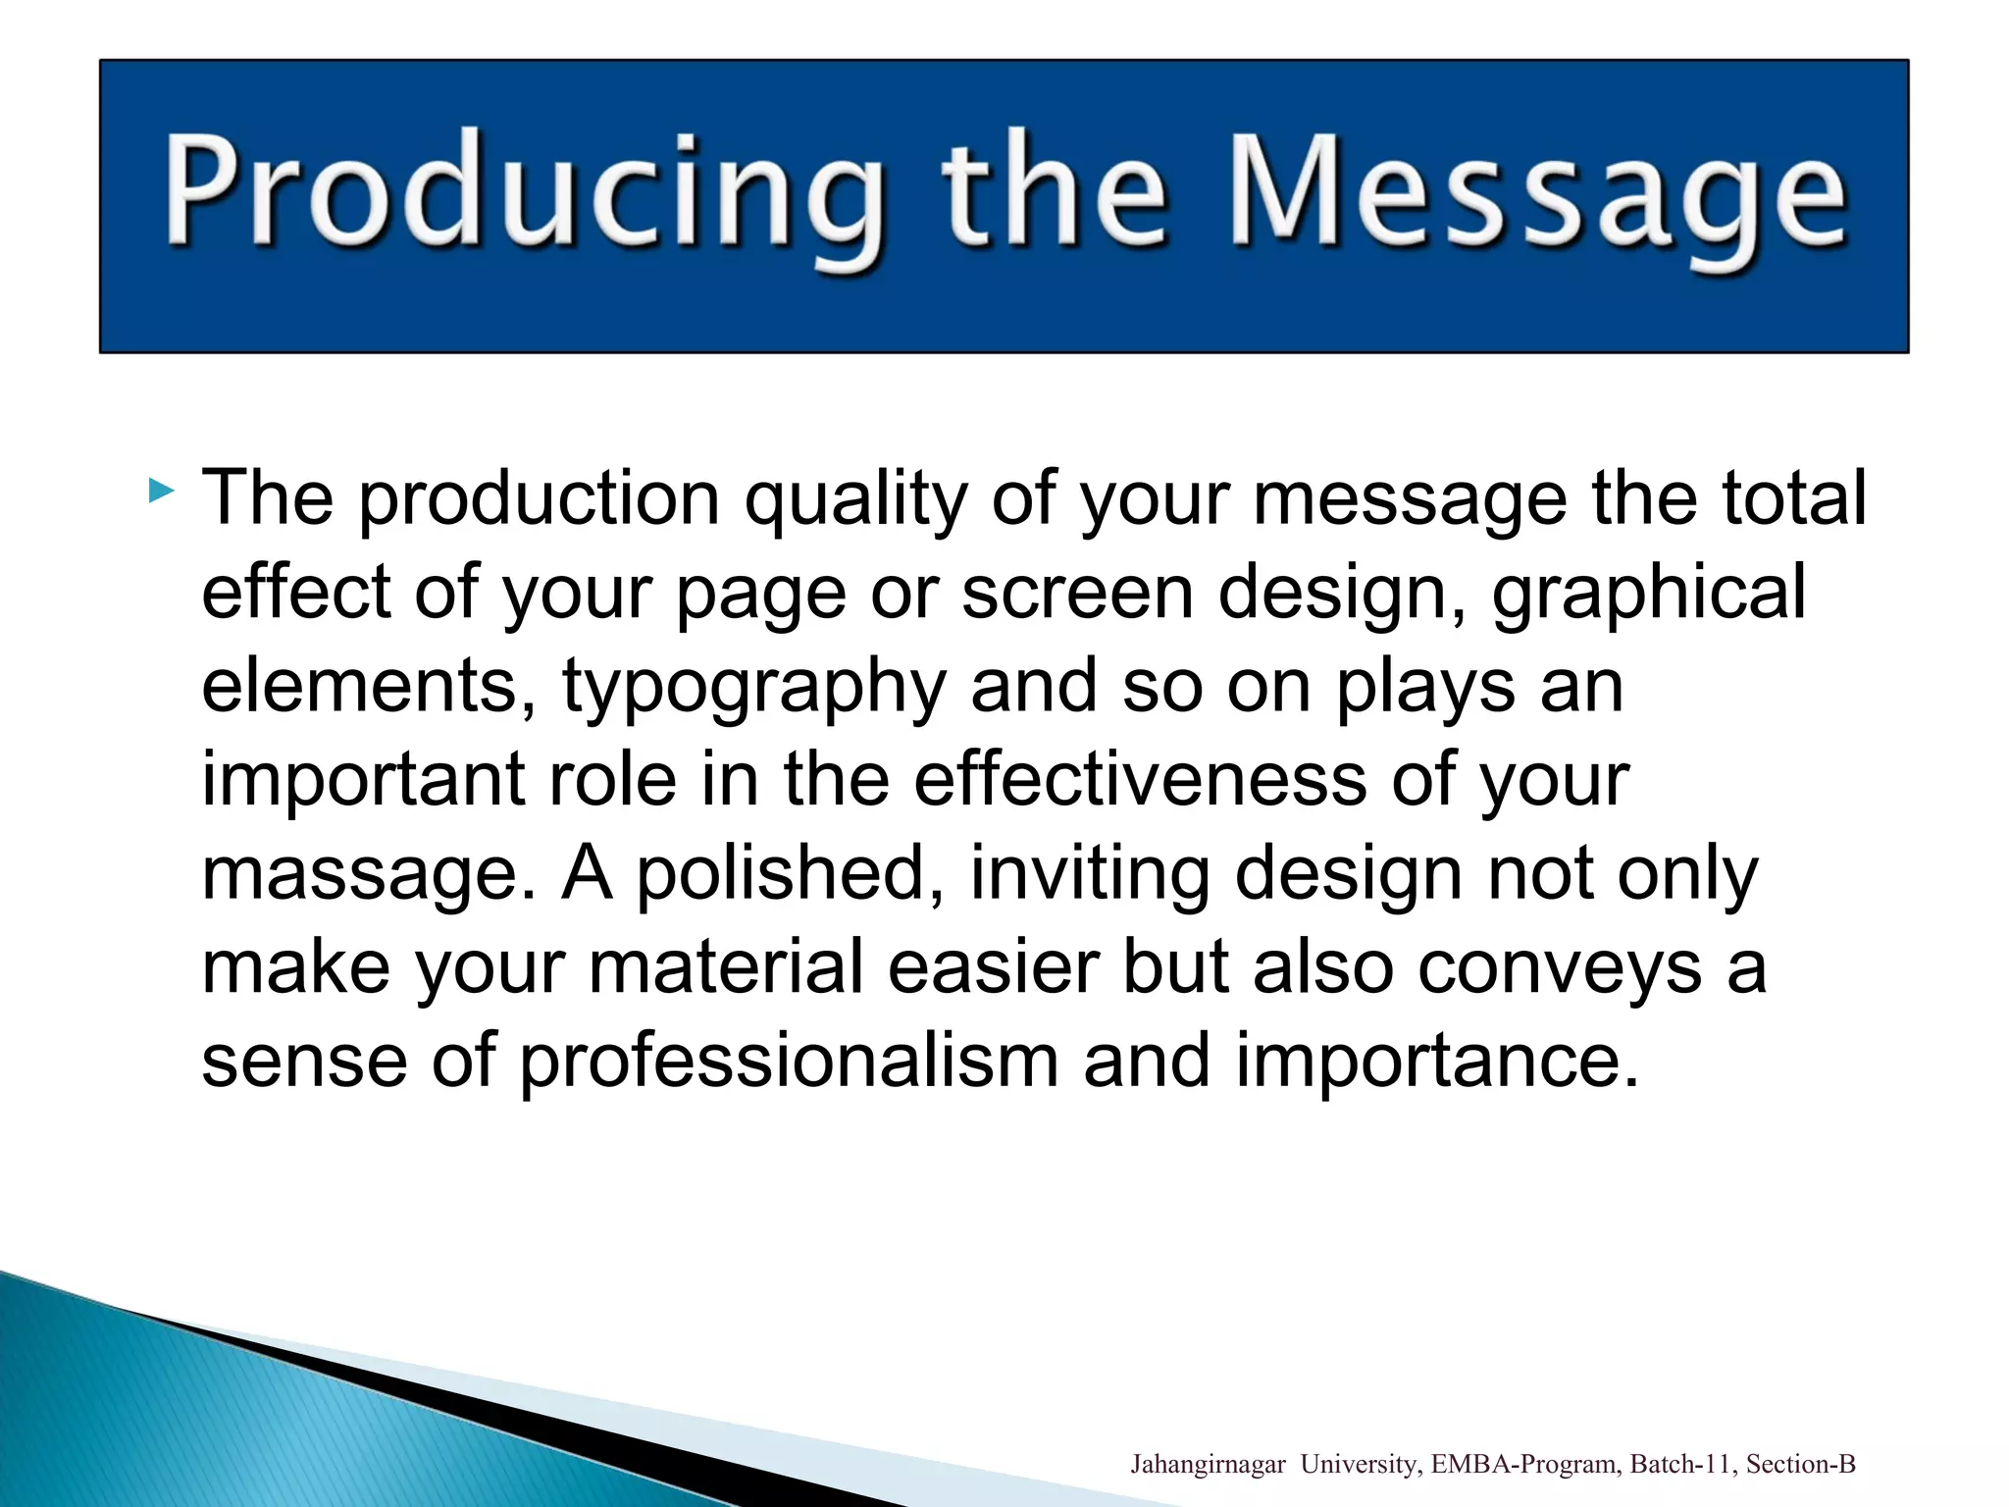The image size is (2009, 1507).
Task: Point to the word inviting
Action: tap(1090, 872)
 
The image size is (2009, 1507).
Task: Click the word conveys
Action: tap(1560, 967)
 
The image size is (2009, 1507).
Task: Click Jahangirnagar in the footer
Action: tap(1208, 1465)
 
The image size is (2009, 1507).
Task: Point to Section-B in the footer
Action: tap(1801, 1465)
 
